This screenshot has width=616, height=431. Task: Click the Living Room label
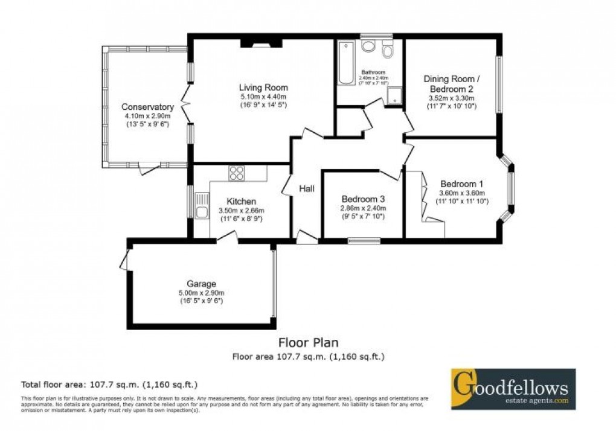click(263, 88)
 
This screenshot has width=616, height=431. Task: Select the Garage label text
click(202, 284)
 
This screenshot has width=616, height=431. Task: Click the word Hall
click(307, 189)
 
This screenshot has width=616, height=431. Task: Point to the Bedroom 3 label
click(363, 199)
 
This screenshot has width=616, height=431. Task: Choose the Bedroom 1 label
click(462, 184)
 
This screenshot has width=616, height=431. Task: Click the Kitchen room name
click(242, 201)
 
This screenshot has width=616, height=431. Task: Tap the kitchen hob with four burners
click(236, 173)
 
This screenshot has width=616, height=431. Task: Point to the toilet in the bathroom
click(387, 51)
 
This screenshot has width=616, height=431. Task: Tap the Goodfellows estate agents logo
click(513, 389)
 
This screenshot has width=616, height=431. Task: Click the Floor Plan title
click(309, 343)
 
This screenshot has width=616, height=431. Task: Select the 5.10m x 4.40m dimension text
click(263, 97)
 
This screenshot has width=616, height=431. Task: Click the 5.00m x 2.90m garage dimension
click(202, 293)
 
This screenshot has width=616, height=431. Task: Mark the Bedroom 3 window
click(364, 241)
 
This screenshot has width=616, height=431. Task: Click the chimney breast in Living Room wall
click(261, 43)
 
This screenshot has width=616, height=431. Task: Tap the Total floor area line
click(110, 384)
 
